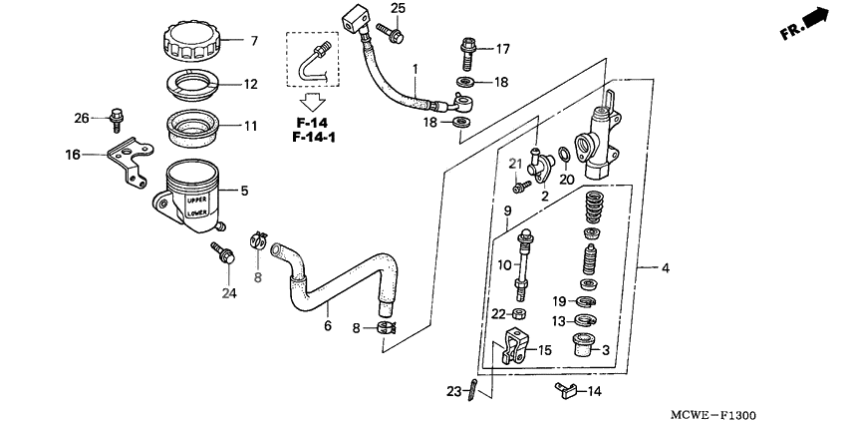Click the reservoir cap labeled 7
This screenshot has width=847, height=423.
tap(194, 43)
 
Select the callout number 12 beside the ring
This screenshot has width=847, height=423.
tap(252, 84)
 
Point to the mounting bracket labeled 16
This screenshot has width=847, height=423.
tap(125, 162)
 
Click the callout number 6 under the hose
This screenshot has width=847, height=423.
tap(327, 325)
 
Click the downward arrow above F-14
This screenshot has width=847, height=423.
tap(314, 101)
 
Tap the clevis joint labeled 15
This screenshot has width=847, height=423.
tap(513, 349)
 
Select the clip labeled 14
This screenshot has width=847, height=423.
tap(565, 391)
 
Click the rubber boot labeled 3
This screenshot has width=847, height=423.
tap(581, 347)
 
